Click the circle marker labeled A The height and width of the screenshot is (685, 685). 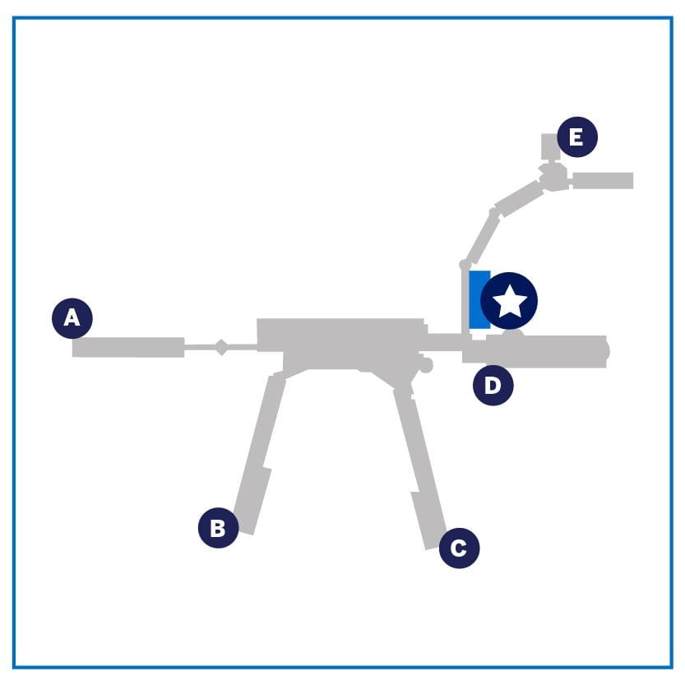tap(72, 318)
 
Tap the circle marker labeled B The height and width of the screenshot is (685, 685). tap(218, 527)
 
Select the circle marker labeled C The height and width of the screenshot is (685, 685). tap(459, 548)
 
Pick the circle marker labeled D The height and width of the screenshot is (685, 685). tap(493, 386)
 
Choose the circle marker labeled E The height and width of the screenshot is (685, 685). tap(577, 137)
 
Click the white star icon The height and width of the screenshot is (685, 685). tap(509, 301)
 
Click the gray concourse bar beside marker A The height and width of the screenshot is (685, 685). tap(128, 347)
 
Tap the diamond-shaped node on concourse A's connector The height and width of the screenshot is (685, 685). tap(221, 347)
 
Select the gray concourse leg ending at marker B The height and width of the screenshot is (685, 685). tap(258, 454)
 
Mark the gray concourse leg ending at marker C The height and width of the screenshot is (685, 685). tap(420, 467)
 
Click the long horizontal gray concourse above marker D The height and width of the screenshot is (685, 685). tap(535, 352)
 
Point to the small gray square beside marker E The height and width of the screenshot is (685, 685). tap(550, 146)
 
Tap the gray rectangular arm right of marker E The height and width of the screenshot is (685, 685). tap(603, 180)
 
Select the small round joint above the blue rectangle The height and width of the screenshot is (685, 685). tap(465, 264)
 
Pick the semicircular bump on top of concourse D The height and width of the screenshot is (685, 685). tap(513, 333)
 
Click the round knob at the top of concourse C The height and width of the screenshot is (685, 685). tap(425, 365)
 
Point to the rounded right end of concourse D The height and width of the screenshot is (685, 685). tap(605, 352)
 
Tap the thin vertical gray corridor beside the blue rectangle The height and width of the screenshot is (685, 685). tap(465, 303)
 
